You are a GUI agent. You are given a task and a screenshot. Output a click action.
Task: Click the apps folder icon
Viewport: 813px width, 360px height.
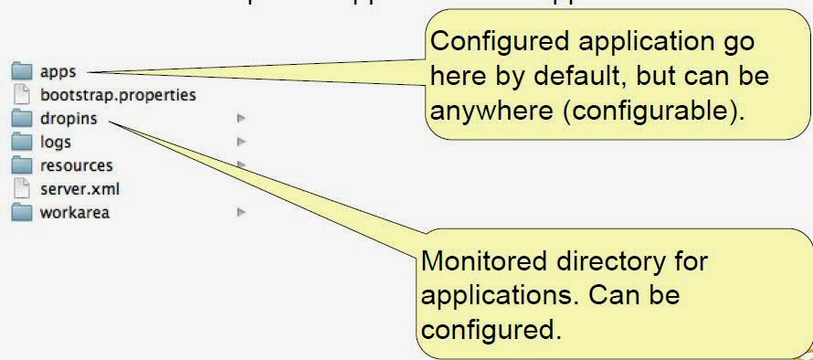pos(22,71)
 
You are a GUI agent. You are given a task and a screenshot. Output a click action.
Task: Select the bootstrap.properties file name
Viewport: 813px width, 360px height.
pos(118,94)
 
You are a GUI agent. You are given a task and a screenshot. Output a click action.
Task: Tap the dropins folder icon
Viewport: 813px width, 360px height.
pos(22,119)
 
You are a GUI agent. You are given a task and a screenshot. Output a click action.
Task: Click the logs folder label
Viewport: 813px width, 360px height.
pos(56,142)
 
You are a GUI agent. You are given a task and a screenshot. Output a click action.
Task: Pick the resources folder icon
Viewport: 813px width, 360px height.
pos(22,165)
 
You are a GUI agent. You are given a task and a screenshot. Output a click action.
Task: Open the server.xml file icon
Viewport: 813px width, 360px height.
pos(22,189)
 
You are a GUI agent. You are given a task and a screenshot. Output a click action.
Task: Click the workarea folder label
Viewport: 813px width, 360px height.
pos(75,213)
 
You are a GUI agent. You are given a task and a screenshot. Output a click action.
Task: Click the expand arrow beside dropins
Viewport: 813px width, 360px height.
pos(241,118)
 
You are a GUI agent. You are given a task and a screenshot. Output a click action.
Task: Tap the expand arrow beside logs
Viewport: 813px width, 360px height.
pos(241,142)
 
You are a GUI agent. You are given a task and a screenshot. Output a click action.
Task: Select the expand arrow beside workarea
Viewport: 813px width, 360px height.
pos(241,212)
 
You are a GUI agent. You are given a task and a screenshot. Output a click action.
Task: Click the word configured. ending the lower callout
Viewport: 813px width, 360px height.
pos(490,328)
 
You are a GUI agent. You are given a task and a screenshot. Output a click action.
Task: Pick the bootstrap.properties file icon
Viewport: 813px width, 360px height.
pos(22,95)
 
